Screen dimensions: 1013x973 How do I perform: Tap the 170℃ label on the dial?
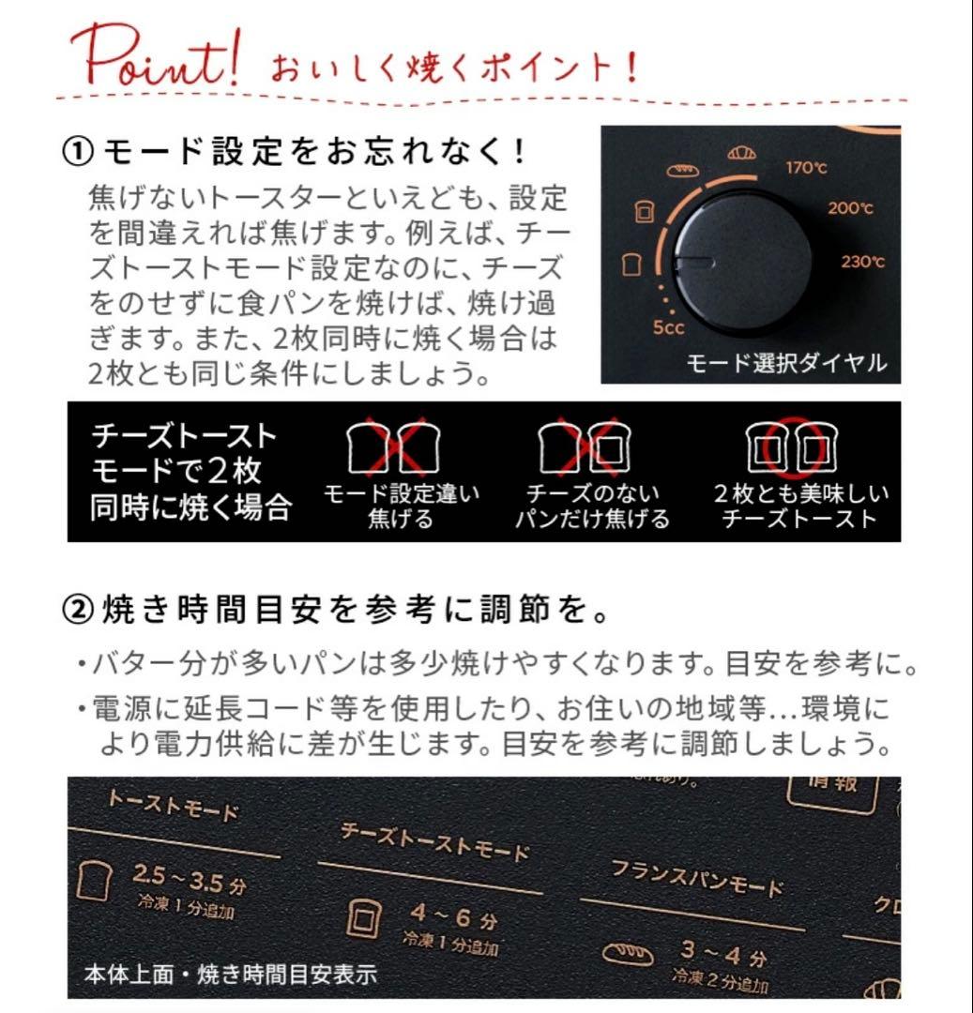click(x=806, y=169)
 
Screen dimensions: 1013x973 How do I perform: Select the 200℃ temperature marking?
click(x=850, y=208)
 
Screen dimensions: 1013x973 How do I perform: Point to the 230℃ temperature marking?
click(x=862, y=262)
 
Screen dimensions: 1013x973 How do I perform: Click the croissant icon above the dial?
click(x=742, y=153)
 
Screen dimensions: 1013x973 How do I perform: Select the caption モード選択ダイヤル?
click(x=786, y=363)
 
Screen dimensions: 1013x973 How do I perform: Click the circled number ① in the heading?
click(x=77, y=151)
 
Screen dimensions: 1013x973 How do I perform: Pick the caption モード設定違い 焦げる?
click(x=401, y=506)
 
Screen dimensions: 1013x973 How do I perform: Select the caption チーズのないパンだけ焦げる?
click(x=592, y=506)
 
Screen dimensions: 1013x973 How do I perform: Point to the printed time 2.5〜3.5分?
click(x=183, y=881)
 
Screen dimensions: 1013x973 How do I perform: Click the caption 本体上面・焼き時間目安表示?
click(x=230, y=975)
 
